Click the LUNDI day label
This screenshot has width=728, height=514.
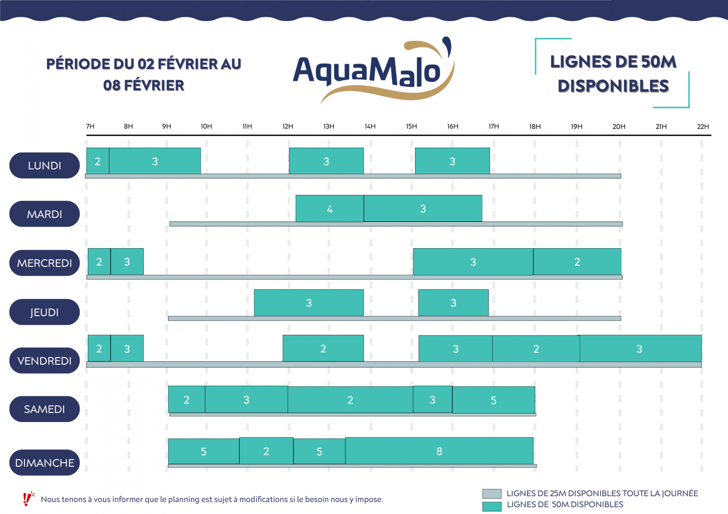(44, 166)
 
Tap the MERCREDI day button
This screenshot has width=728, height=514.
(44, 263)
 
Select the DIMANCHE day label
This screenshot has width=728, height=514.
(44, 462)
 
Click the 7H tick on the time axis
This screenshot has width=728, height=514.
(90, 126)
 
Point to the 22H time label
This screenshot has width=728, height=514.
(703, 127)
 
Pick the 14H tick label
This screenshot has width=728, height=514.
(370, 126)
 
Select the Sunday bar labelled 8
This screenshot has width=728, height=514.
(439, 451)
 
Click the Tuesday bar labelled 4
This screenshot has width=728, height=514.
(329, 208)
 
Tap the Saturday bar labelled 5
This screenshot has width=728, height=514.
(493, 400)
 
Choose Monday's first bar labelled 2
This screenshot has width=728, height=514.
(98, 161)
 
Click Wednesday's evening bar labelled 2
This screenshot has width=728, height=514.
(577, 262)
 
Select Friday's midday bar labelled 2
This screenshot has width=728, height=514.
(323, 348)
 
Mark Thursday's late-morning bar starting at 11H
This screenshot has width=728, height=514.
(309, 303)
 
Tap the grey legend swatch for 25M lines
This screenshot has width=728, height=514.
(492, 494)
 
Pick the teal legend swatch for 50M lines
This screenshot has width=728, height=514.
(492, 506)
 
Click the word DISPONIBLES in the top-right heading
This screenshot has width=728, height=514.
(613, 86)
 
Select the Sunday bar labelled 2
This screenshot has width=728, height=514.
(266, 451)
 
